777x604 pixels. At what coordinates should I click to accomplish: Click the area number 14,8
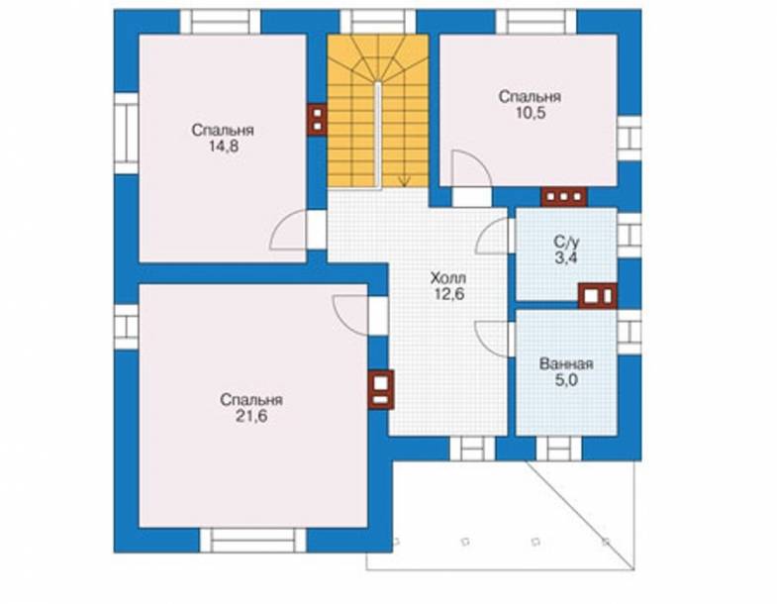224,147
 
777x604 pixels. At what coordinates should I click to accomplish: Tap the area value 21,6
251,416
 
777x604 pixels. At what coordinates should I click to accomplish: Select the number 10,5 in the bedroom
531,113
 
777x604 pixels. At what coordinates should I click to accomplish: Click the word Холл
448,277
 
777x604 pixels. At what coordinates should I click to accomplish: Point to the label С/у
566,242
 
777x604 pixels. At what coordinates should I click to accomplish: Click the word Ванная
566,364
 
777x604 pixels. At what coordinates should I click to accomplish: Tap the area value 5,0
566,380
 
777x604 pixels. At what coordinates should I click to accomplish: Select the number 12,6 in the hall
449,293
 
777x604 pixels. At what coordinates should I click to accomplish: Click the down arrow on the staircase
405,181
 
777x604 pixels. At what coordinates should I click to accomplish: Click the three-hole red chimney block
564,197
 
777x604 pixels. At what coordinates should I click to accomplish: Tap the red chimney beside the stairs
317,119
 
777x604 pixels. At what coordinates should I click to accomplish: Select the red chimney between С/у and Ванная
598,296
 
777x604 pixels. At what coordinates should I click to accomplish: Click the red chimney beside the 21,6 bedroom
380,390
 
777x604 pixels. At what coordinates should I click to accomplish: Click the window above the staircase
377,22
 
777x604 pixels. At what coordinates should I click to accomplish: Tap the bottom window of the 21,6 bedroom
252,541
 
